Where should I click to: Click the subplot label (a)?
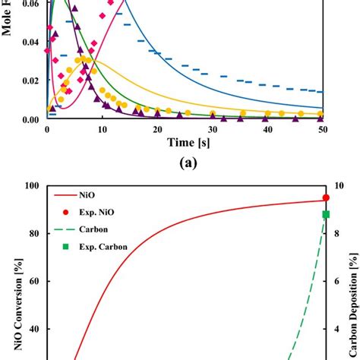click(186, 163)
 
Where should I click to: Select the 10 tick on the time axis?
click(103, 130)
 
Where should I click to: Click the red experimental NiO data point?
click(326, 197)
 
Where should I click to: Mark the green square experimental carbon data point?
click(326, 214)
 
